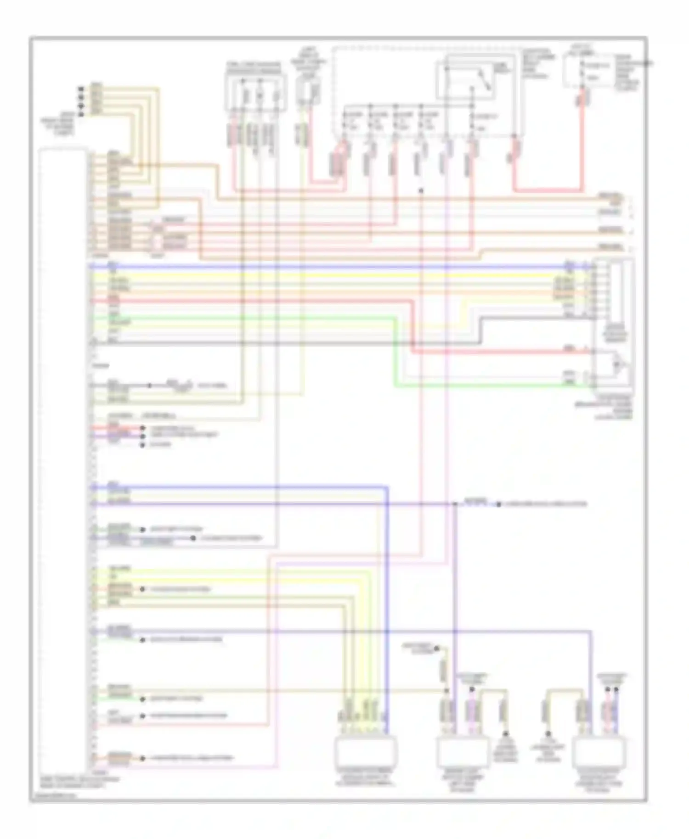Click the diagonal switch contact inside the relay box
[485, 80]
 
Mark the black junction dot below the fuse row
[421, 190]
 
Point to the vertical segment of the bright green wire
[395, 351]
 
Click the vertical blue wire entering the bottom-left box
[387, 597]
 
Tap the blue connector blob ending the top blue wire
[570, 266]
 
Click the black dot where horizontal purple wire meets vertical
[455, 504]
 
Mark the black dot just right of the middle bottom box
[505, 734]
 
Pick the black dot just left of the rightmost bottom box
[548, 734]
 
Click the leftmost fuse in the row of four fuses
[344, 124]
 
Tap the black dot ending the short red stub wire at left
[142, 428]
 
